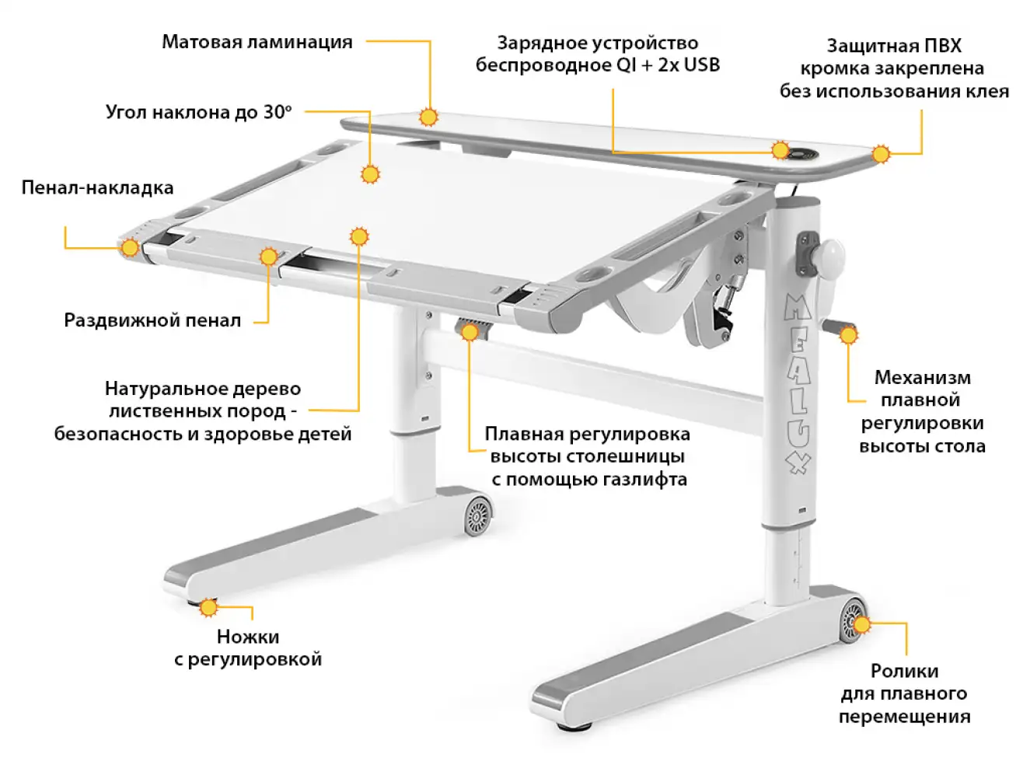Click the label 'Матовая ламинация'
257,42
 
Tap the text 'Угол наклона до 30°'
199,112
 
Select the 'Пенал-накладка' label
97,187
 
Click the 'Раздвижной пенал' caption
152,320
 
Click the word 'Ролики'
904,671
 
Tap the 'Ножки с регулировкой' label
248,648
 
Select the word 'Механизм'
922,378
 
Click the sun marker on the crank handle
848,335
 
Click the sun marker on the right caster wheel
861,623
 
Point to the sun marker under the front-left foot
208,607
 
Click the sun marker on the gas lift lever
470,332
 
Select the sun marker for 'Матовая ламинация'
428,117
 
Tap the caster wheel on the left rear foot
478,515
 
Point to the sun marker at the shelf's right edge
880,154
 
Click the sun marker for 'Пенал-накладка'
130,248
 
